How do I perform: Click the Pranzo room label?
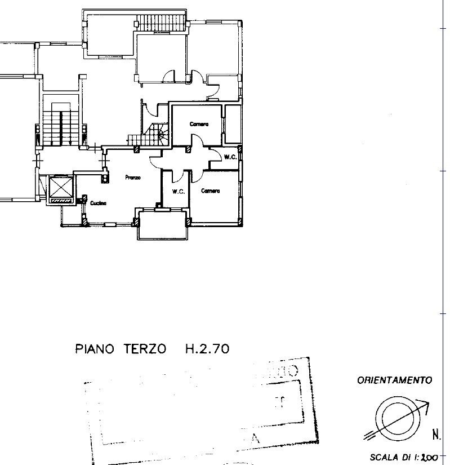point(133,178)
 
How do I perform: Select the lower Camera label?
point(210,191)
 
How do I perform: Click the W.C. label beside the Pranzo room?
point(179,192)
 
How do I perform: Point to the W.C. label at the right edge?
point(229,157)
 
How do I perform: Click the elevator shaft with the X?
point(61,189)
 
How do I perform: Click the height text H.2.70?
point(207,349)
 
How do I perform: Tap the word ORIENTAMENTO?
point(394,380)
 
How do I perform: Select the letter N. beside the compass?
point(436,435)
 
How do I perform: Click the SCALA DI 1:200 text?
point(403,458)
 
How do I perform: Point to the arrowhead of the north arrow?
point(428,405)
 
